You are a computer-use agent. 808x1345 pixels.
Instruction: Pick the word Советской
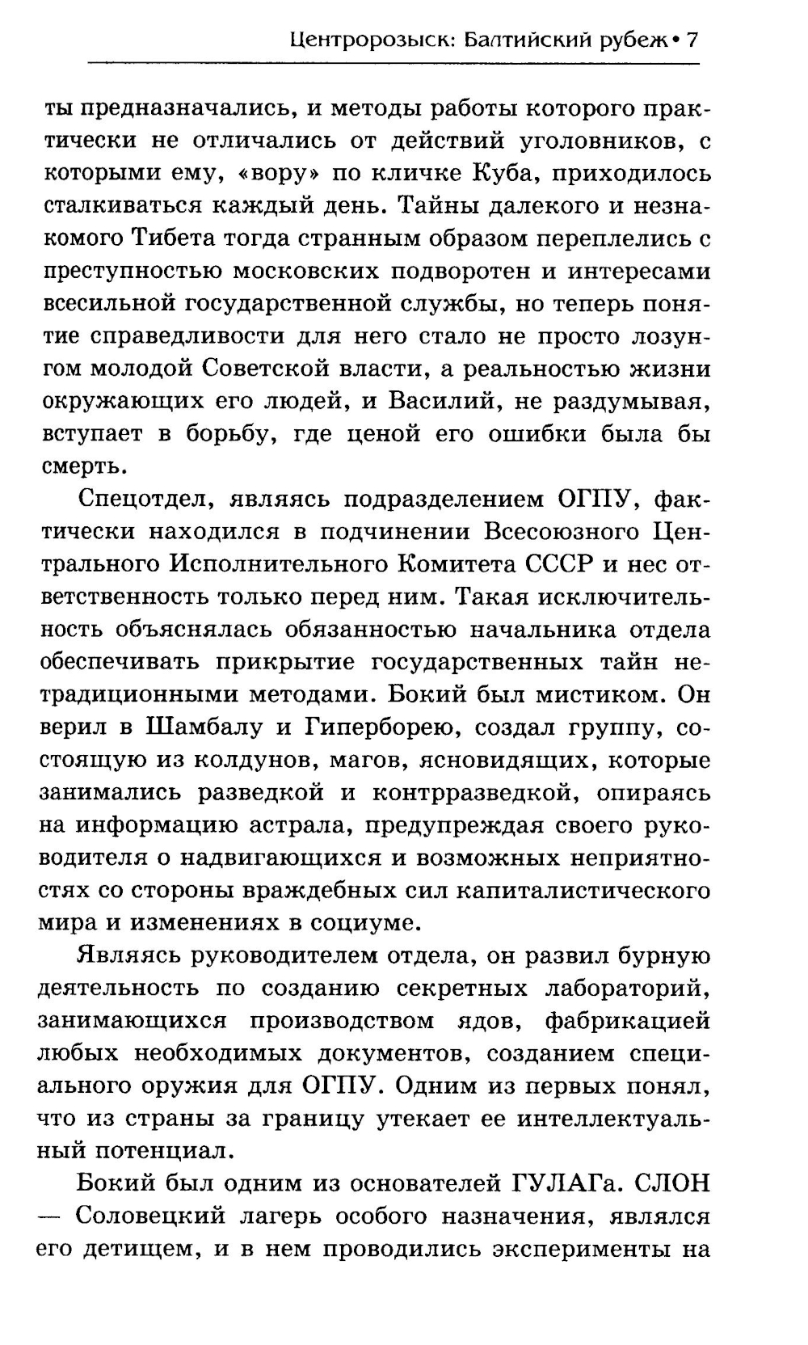(259, 369)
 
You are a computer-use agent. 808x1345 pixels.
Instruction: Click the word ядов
(491, 1020)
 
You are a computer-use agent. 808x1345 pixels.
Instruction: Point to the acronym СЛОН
(672, 1183)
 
